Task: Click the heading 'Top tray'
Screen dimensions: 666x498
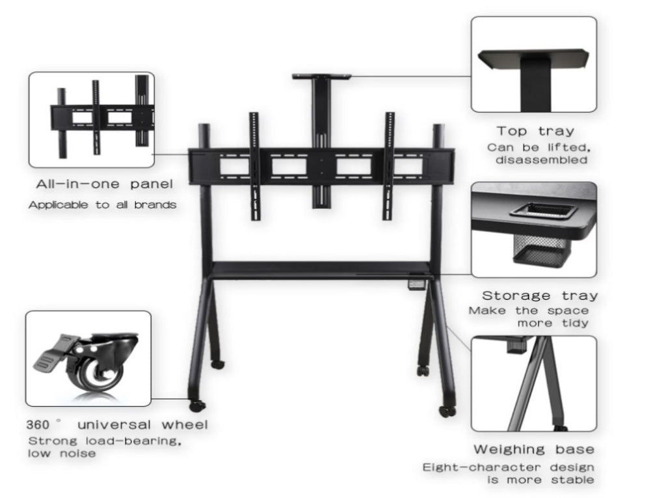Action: [x=535, y=131]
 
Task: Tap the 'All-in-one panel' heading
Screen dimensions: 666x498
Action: [x=105, y=184]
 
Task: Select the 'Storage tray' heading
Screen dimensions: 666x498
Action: [x=540, y=296]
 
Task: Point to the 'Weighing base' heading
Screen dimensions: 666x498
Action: [x=534, y=450]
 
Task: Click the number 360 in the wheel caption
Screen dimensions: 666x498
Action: [x=37, y=424]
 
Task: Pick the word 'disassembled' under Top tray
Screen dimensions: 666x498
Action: [x=542, y=160]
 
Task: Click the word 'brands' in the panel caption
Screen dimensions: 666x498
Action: [x=155, y=205]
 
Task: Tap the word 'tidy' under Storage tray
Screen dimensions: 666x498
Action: [x=575, y=323]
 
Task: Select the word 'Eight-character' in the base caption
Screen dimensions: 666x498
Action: [x=482, y=467]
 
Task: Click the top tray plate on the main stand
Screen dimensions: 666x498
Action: [x=321, y=77]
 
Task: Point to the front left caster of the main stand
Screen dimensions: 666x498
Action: [x=196, y=406]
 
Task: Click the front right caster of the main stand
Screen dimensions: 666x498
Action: [x=447, y=411]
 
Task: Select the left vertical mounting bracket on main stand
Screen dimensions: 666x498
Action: [x=254, y=166]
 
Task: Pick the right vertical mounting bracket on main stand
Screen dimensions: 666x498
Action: [x=389, y=166]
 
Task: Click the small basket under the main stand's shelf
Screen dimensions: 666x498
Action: [x=416, y=284]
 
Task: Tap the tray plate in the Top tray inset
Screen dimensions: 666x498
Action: [x=534, y=59]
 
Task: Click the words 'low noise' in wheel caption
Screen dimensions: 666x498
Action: [x=62, y=453]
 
